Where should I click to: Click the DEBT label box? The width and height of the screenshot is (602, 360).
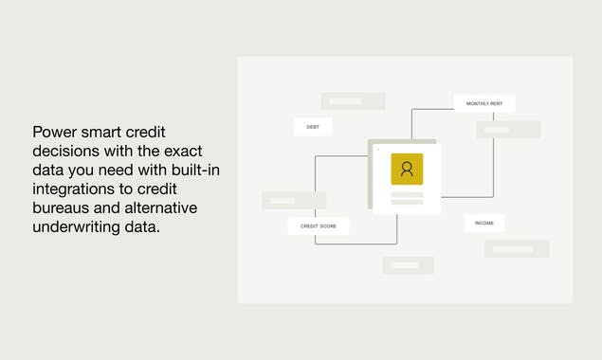pos(313,127)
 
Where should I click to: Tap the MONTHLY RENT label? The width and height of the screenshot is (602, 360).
pos(483,103)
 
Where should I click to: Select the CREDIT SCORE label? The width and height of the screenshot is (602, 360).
pos(319,226)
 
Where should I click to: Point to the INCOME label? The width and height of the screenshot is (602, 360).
pos(483,224)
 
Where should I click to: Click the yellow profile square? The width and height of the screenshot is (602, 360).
pos(407,169)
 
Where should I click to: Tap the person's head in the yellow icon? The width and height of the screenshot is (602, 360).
pos(407,166)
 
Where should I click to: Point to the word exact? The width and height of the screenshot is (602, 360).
pos(183,151)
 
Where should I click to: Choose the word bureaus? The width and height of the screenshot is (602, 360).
pos(62,207)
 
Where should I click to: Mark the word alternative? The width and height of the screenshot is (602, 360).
pos(156,207)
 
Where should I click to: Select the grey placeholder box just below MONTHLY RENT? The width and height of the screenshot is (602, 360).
pos(508,130)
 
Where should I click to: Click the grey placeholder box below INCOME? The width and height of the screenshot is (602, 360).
pos(517,249)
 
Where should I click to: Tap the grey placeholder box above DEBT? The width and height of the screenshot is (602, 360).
pos(353,101)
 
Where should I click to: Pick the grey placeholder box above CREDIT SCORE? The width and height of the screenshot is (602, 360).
pos(294,201)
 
